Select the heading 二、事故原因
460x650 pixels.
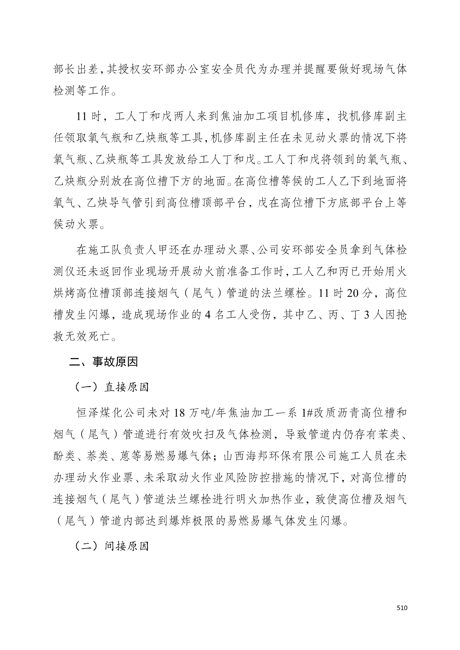[104, 362]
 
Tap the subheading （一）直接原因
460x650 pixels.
[112, 387]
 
